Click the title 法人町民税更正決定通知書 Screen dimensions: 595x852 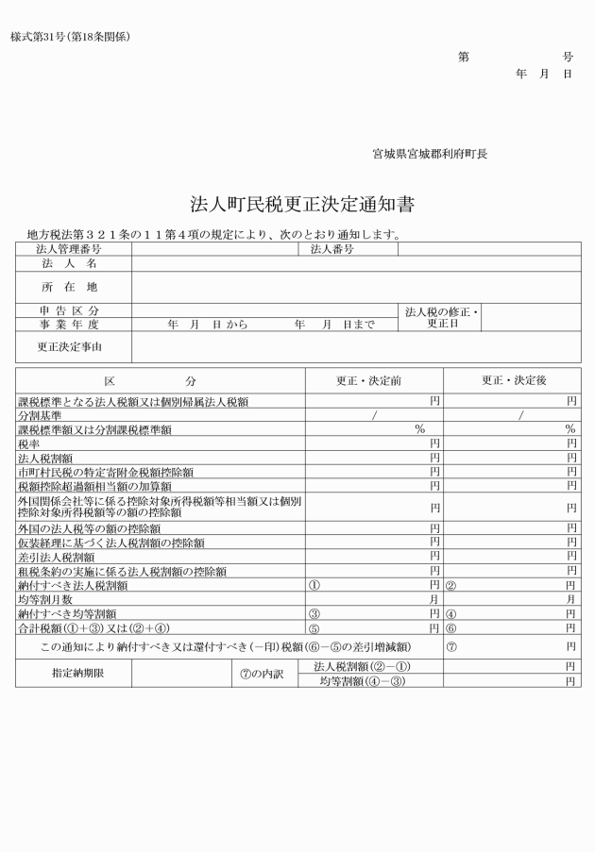[x=297, y=204]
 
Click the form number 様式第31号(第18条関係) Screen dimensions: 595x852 [x=71, y=37]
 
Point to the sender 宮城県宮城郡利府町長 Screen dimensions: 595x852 [x=430, y=153]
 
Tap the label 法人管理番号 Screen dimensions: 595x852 [x=69, y=250]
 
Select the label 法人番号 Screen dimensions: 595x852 [x=331, y=250]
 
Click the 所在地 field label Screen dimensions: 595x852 [x=69, y=286]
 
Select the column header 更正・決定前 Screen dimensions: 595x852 [x=369, y=380]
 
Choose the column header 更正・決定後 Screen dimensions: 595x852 [x=514, y=380]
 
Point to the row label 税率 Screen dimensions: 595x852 [x=28, y=443]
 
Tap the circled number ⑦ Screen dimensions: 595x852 [x=451, y=647]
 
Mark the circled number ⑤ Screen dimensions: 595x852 [x=314, y=627]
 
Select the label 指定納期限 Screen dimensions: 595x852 [x=73, y=674]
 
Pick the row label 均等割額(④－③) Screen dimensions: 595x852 [x=362, y=680]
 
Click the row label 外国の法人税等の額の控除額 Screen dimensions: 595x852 [x=93, y=528]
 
